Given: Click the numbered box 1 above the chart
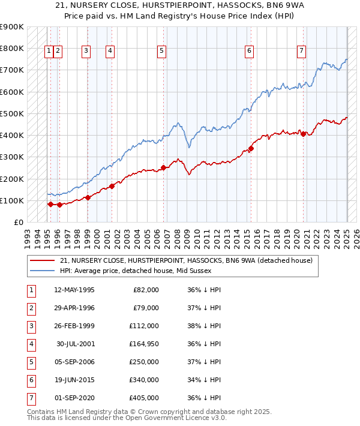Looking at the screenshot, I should point(48,51).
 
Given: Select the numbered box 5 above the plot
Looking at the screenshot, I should point(162,51).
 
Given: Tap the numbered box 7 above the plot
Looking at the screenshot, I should point(301,51).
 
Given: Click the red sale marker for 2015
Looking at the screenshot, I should point(251,149).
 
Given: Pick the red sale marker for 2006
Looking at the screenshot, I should point(164,168).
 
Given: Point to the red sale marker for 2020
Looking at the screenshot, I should point(304,134).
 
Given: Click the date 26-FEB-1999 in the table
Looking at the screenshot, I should point(74,326).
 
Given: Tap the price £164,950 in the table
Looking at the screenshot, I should point(144,344).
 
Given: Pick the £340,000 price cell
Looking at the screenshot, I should point(144,380).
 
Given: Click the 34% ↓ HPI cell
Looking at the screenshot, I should point(205,380).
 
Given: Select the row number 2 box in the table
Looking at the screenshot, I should point(31,308).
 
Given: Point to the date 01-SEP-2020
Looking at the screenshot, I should point(74,398).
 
